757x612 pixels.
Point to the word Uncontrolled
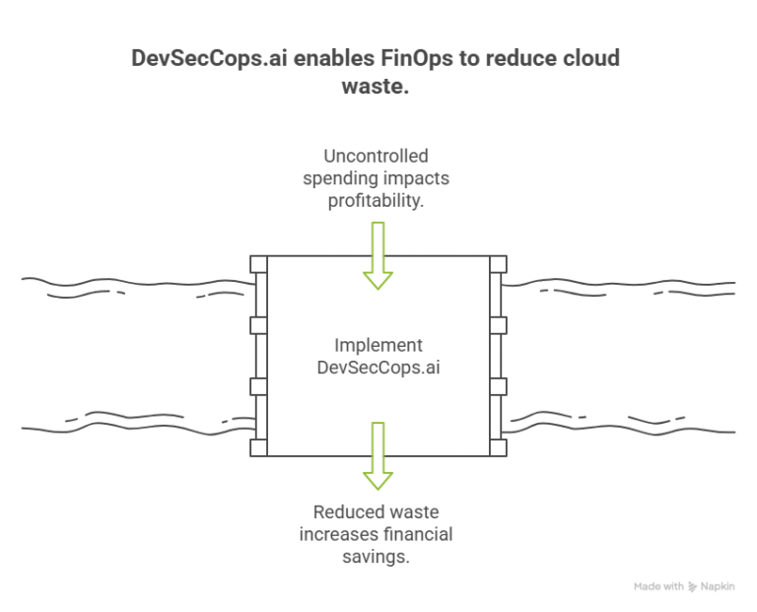click(377, 157)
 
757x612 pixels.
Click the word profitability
click(377, 200)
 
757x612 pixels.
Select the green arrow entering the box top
click(377, 255)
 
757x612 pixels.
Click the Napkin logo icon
click(693, 586)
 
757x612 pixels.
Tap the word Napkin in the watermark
click(718, 586)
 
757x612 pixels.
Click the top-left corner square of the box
click(258, 264)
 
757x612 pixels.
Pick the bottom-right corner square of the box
click(498, 448)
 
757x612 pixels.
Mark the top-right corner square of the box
click(498, 264)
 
